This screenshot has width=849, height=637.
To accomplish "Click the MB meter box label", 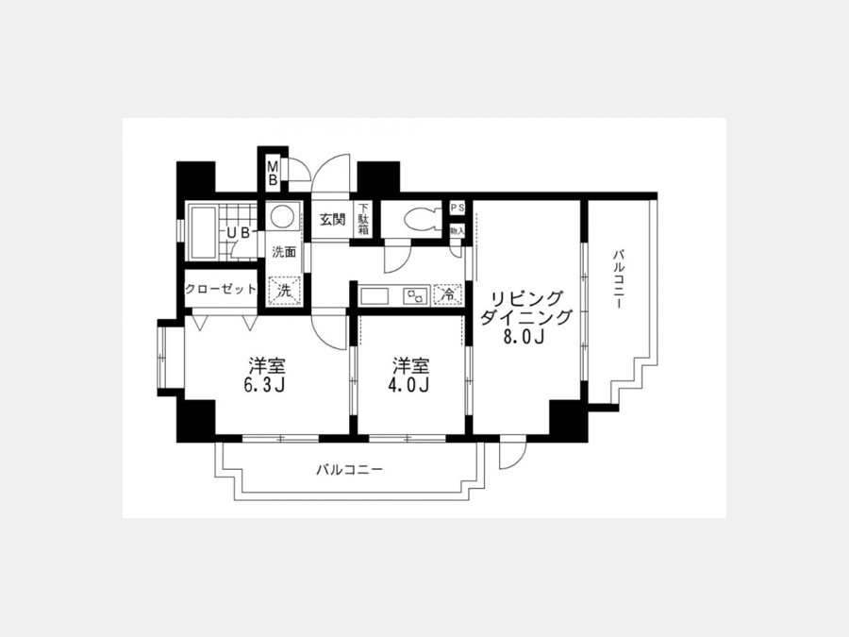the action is click(x=273, y=173).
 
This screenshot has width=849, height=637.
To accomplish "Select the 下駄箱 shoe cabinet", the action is click(x=363, y=219).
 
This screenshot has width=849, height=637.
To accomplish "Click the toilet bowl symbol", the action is click(x=424, y=219).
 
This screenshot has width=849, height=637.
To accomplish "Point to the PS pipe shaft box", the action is click(x=458, y=208).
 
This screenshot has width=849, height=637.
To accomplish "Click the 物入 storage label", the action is click(x=458, y=230).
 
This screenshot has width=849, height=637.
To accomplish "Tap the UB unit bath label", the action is click(x=239, y=233).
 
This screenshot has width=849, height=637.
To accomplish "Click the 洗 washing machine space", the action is click(x=284, y=291).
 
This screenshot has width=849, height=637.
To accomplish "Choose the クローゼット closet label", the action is click(x=221, y=289).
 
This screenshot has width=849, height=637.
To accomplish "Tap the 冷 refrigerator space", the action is click(x=448, y=295).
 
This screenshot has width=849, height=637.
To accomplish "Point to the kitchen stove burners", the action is click(x=415, y=296).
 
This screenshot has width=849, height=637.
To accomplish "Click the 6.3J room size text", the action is click(x=265, y=386).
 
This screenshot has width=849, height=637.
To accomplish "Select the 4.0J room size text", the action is click(x=410, y=386).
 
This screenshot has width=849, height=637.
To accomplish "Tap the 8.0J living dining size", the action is click(x=524, y=336).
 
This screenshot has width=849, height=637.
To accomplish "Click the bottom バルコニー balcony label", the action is click(x=349, y=469).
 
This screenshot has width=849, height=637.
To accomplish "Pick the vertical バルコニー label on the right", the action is click(x=618, y=280).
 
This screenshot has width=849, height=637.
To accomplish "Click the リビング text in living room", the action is click(x=526, y=299).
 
